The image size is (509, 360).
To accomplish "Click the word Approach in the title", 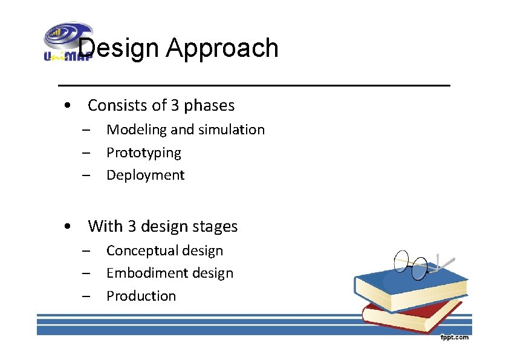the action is [222, 49].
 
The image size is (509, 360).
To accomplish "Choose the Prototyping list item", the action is [143, 152].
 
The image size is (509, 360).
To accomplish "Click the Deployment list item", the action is [145, 175].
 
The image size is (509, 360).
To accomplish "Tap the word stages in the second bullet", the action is [215, 227].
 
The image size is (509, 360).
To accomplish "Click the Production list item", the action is [141, 296].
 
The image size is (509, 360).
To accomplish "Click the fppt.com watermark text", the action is [453, 338].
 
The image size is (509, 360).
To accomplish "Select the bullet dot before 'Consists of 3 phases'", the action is [71, 106].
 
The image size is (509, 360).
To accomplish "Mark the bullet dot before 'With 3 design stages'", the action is [71, 227].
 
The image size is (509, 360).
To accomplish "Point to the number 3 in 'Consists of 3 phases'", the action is [175, 105].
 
